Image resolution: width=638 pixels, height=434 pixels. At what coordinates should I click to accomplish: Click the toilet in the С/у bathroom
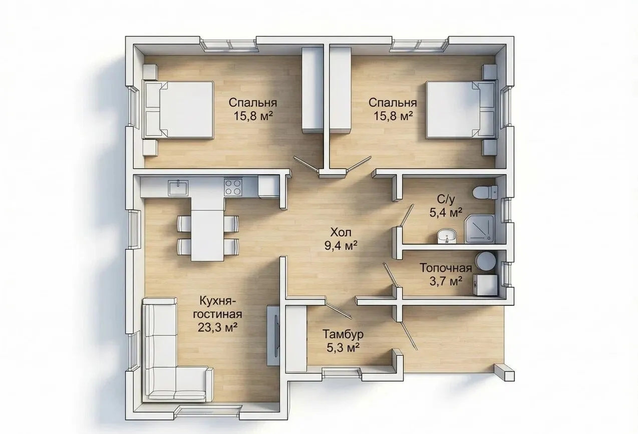click(x=485, y=192)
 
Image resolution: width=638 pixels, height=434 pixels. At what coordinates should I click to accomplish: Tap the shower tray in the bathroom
click(x=480, y=229)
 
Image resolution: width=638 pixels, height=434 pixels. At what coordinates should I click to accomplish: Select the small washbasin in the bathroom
click(x=447, y=237)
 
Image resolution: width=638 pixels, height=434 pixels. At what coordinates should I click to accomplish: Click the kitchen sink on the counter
click(x=178, y=188)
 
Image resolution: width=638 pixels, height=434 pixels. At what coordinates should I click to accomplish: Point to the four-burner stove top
click(x=233, y=187)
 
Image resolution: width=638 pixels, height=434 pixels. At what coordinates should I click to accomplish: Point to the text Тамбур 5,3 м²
click(x=343, y=340)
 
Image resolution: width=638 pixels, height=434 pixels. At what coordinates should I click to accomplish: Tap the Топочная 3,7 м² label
click(x=446, y=274)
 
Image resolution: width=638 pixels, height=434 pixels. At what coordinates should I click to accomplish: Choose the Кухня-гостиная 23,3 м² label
click(x=218, y=314)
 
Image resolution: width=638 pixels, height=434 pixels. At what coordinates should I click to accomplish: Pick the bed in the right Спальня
click(x=460, y=110)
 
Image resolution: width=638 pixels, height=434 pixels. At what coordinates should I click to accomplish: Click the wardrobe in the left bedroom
click(x=312, y=90)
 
